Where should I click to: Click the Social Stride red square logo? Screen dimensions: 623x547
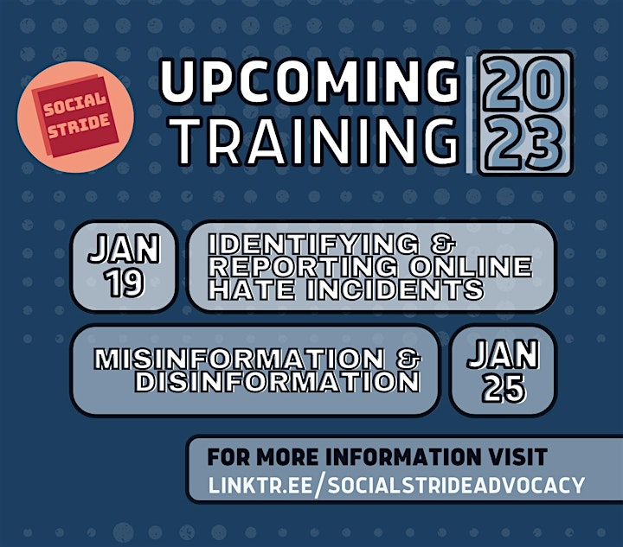point(75,116)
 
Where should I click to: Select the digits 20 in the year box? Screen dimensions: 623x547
point(523,84)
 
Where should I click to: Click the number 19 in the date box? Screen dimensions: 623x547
point(125,283)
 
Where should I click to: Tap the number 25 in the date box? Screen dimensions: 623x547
point(504,388)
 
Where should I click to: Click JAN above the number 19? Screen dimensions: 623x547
point(124,249)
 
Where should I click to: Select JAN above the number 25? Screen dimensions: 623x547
point(503,354)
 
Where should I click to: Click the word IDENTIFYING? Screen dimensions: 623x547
point(314,244)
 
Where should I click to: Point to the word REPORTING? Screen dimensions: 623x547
point(303,266)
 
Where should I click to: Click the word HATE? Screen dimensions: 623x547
point(252,289)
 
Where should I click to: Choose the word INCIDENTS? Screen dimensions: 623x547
point(395,289)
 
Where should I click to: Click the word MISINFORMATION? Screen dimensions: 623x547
point(239,359)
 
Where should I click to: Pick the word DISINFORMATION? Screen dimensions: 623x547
point(278,382)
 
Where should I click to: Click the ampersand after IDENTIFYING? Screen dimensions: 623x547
point(442,244)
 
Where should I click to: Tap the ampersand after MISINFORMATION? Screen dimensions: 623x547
point(408,359)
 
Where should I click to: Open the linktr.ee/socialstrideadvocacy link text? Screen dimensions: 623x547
point(396,485)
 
